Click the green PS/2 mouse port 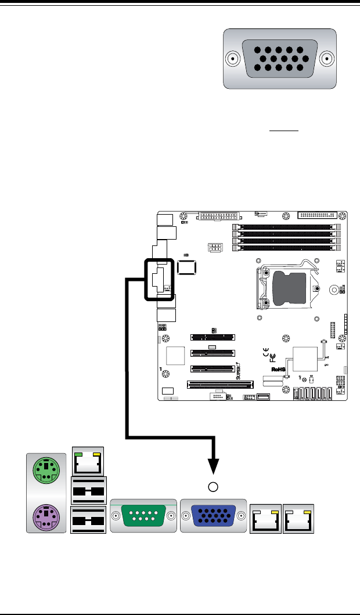(44, 469)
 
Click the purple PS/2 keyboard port (44, 515)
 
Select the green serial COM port (142, 515)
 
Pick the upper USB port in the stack (88, 491)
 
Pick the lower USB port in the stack (88, 519)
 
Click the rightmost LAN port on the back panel (298, 518)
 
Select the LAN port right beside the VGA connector (265, 518)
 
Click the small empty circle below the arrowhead (214, 486)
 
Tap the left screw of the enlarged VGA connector (232, 59)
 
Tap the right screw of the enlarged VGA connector (329, 59)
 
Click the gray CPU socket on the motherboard (289, 288)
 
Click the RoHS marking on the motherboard (279, 368)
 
